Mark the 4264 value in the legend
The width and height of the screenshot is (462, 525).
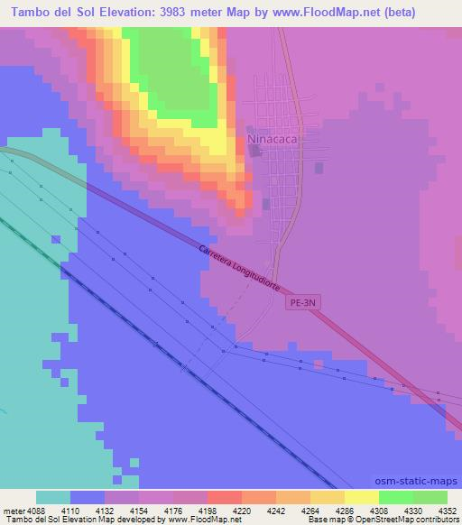point(298,511)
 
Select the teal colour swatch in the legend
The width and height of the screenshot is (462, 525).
point(53,497)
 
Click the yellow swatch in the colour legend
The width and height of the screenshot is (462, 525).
point(362,497)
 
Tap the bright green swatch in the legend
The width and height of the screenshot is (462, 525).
point(396,497)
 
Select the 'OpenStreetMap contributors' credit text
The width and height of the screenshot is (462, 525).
point(405,520)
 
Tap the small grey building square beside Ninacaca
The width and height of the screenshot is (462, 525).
point(254,152)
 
